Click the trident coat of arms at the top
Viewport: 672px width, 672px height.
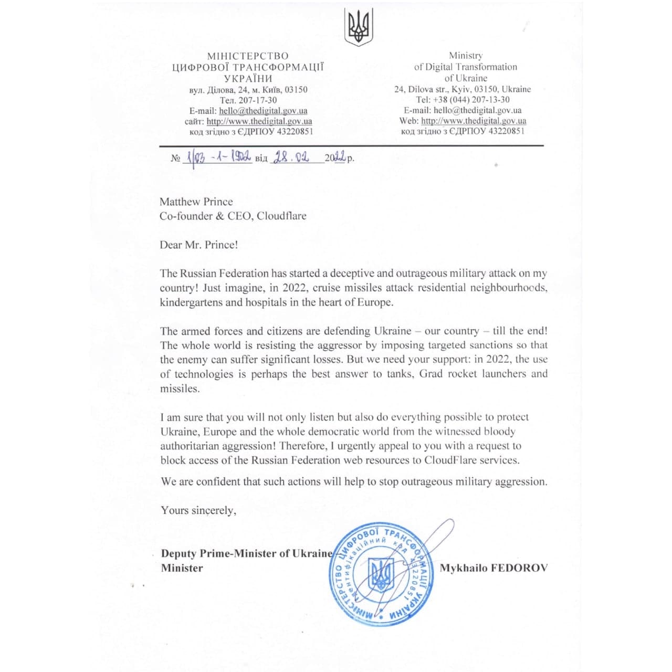359,28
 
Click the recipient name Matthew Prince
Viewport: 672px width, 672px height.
196,202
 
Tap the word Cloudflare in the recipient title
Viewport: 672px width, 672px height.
281,216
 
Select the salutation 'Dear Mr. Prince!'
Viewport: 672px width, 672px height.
199,245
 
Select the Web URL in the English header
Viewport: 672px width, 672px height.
474,121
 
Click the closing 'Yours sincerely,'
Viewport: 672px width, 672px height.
198,510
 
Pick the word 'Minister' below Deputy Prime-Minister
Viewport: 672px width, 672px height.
182,568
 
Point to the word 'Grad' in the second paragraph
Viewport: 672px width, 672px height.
430,374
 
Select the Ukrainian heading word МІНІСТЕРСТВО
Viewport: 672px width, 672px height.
248,56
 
